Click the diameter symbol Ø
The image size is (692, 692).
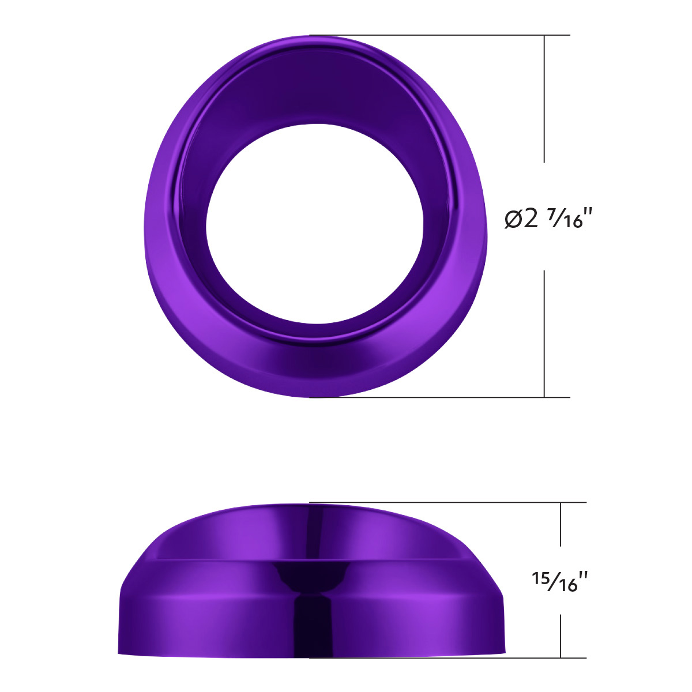[513, 219]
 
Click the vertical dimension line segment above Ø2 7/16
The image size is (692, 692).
[545, 98]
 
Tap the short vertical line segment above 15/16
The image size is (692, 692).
[561, 524]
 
